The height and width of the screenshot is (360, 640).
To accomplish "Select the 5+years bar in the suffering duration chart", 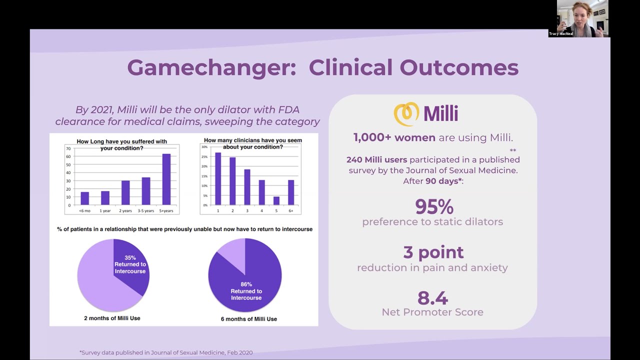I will pyautogui.click(x=166, y=179).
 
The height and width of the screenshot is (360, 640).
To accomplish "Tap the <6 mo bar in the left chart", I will pyautogui.click(x=84, y=198).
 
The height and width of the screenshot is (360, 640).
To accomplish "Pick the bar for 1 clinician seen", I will pyautogui.click(x=218, y=179).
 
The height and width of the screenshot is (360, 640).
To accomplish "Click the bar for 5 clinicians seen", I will pyautogui.click(x=276, y=200).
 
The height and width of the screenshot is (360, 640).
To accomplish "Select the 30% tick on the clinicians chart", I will pyautogui.click(x=204, y=147).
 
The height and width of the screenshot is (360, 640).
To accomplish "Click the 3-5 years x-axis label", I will pyautogui.click(x=145, y=211).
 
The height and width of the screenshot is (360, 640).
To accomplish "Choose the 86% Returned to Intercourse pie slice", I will pyautogui.click(x=247, y=287).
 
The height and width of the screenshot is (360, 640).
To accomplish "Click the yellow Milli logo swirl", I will pyautogui.click(x=406, y=114).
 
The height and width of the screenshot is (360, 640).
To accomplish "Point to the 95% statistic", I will pyautogui.click(x=434, y=206).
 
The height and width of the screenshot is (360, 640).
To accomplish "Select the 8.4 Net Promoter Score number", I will pyautogui.click(x=432, y=298).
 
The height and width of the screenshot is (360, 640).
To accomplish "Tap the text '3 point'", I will pyautogui.click(x=433, y=252).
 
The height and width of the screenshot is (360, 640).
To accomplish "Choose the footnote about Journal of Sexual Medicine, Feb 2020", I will pyautogui.click(x=166, y=352).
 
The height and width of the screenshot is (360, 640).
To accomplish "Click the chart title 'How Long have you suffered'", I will pyautogui.click(x=121, y=142).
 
